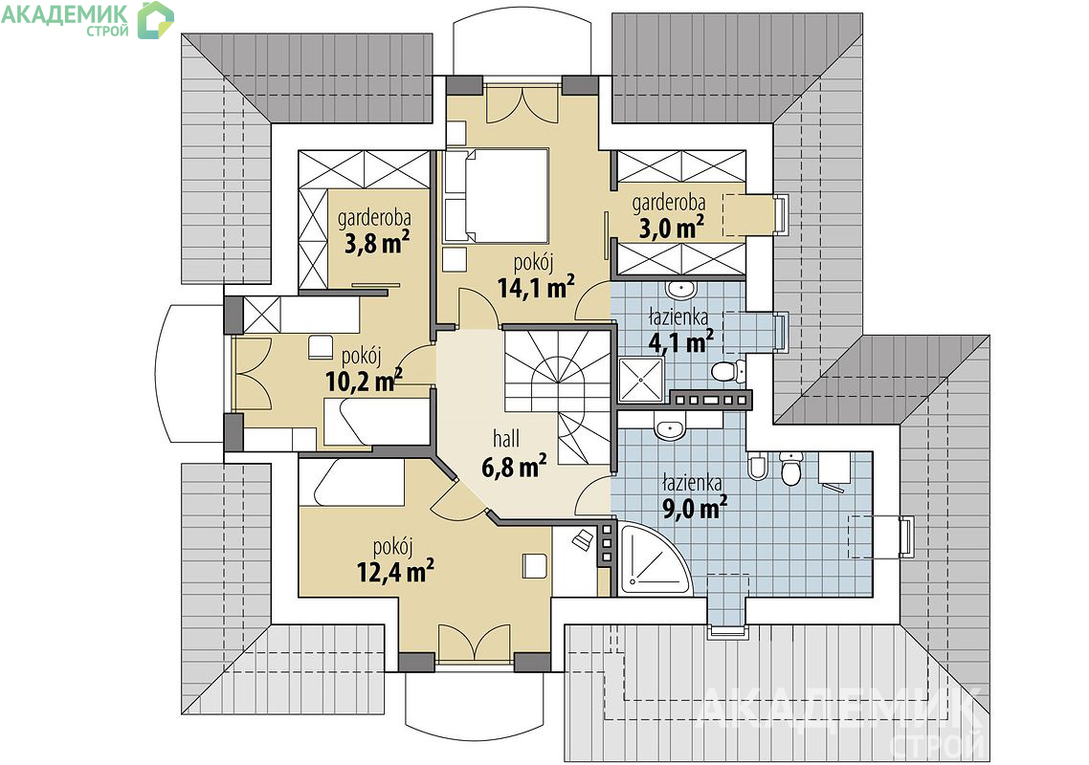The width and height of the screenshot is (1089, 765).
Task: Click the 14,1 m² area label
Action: point(536,286)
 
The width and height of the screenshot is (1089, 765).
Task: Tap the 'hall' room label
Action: point(506,439)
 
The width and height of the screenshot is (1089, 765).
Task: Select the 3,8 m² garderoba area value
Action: point(377,242)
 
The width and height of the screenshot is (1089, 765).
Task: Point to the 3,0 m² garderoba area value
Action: point(672,227)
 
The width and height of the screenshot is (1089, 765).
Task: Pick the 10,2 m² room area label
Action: point(364,380)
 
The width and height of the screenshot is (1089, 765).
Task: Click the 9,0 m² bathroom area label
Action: point(695,508)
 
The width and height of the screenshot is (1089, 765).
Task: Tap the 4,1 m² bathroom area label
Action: point(680,341)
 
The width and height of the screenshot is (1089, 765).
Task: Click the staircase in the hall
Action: point(558,396)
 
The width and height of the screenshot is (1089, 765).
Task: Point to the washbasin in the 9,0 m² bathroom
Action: point(670,425)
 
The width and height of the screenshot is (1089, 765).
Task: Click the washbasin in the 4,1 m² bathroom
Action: point(680,288)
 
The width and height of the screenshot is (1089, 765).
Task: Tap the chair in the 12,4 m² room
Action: point(536,565)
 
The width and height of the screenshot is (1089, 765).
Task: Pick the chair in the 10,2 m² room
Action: point(320,347)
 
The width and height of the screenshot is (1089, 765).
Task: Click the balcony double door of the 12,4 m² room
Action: point(475,643)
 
